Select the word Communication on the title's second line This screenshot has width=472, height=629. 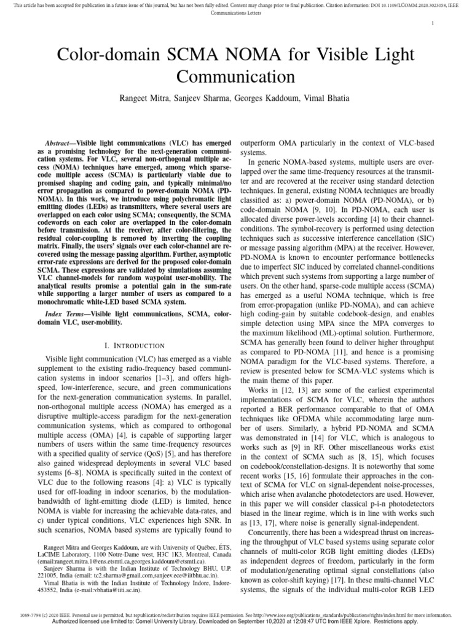(x=236, y=77)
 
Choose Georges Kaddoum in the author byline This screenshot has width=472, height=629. (x=261, y=98)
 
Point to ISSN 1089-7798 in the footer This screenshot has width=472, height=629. (x=33, y=614)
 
